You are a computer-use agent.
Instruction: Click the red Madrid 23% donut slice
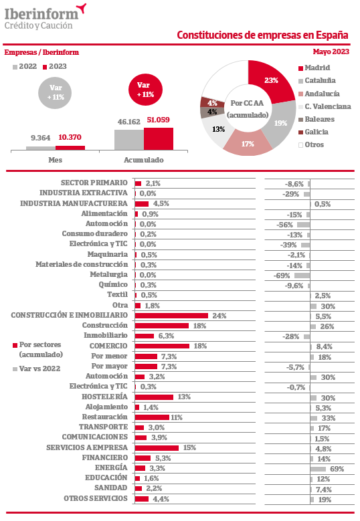[270, 82]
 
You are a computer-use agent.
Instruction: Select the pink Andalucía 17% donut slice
[248, 143]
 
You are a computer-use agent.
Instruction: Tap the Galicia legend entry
[313, 132]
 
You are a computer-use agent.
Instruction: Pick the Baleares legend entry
[316, 119]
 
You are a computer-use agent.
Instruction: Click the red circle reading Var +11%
[145, 90]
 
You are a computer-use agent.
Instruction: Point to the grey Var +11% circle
[55, 92]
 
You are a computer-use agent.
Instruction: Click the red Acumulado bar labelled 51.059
[159, 139]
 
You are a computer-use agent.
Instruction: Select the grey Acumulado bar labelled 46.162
[129, 140]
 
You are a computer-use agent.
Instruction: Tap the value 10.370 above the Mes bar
[70, 137]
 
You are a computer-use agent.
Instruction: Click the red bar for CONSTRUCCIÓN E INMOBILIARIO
[171, 315]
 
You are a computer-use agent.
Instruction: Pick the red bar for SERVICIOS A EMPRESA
[157, 448]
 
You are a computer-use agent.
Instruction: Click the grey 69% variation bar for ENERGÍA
[318, 469]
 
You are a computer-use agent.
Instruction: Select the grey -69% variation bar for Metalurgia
[302, 276]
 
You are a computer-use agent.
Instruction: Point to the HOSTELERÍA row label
[104, 397]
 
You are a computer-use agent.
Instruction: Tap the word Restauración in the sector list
[104, 417]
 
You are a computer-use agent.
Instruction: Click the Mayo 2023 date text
[331, 51]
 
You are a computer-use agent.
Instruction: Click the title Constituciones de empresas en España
[262, 35]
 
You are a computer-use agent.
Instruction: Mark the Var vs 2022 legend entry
[37, 369]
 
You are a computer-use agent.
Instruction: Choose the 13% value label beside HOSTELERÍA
[184, 397]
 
